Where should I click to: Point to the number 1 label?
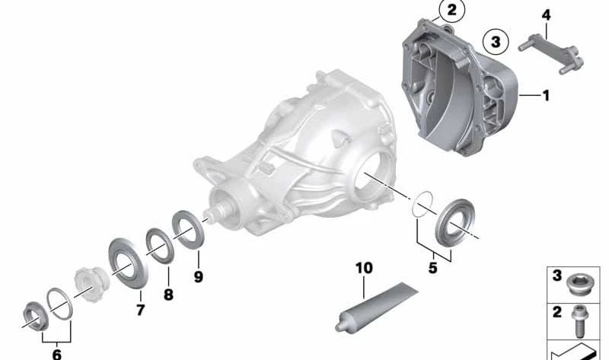pyautogui.click(x=545, y=96)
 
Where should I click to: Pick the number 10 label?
pyautogui.click(x=364, y=268)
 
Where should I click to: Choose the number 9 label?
pyautogui.click(x=198, y=277)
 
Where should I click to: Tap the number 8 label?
pyautogui.click(x=168, y=294)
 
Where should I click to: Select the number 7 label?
pyautogui.click(x=140, y=310)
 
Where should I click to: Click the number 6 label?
pyautogui.click(x=56, y=354)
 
